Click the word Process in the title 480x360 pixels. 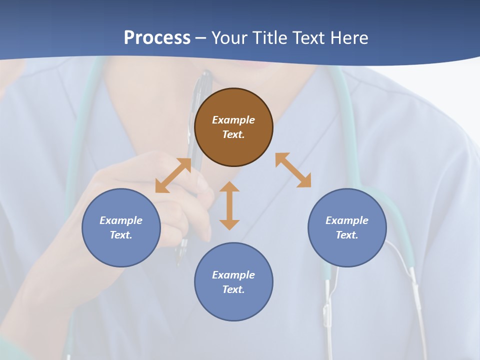[x=157, y=37]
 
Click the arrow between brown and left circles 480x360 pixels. [x=173, y=175]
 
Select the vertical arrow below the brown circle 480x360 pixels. [x=229, y=205]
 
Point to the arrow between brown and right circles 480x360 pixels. [x=293, y=170]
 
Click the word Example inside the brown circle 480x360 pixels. [x=233, y=120]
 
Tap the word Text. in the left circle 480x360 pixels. [x=121, y=235]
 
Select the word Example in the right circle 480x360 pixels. [x=347, y=220]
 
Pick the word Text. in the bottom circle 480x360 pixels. [x=233, y=289]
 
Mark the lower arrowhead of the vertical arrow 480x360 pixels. [x=229, y=224]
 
